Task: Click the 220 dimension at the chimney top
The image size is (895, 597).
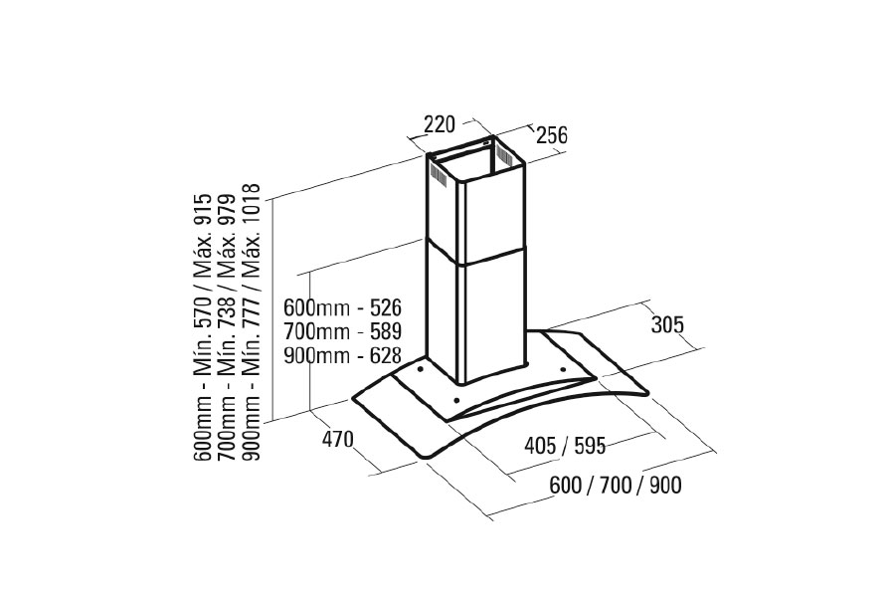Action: click(x=439, y=124)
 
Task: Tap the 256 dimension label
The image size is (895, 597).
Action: click(x=552, y=135)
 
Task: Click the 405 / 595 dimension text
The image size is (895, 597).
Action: click(x=564, y=445)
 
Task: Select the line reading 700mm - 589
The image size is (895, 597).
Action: click(x=341, y=331)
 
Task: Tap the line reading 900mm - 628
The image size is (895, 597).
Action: click(x=341, y=355)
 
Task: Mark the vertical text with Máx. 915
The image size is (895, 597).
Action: click(x=205, y=328)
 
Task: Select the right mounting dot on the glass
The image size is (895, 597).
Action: click(x=563, y=370)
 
